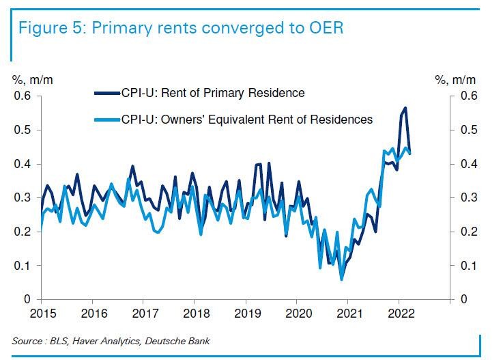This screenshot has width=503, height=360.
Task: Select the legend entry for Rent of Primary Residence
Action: click(212, 92)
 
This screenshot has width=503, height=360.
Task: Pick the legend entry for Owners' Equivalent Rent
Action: click(246, 120)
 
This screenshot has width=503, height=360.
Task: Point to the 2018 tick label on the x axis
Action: click(194, 314)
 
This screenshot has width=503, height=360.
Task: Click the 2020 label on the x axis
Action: click(296, 314)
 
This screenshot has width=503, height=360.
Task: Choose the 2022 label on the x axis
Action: click(399, 314)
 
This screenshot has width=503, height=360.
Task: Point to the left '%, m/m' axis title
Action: click(33, 80)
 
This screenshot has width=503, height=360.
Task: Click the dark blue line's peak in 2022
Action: click(405, 108)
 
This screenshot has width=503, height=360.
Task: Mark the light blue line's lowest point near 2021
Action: click(341, 279)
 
